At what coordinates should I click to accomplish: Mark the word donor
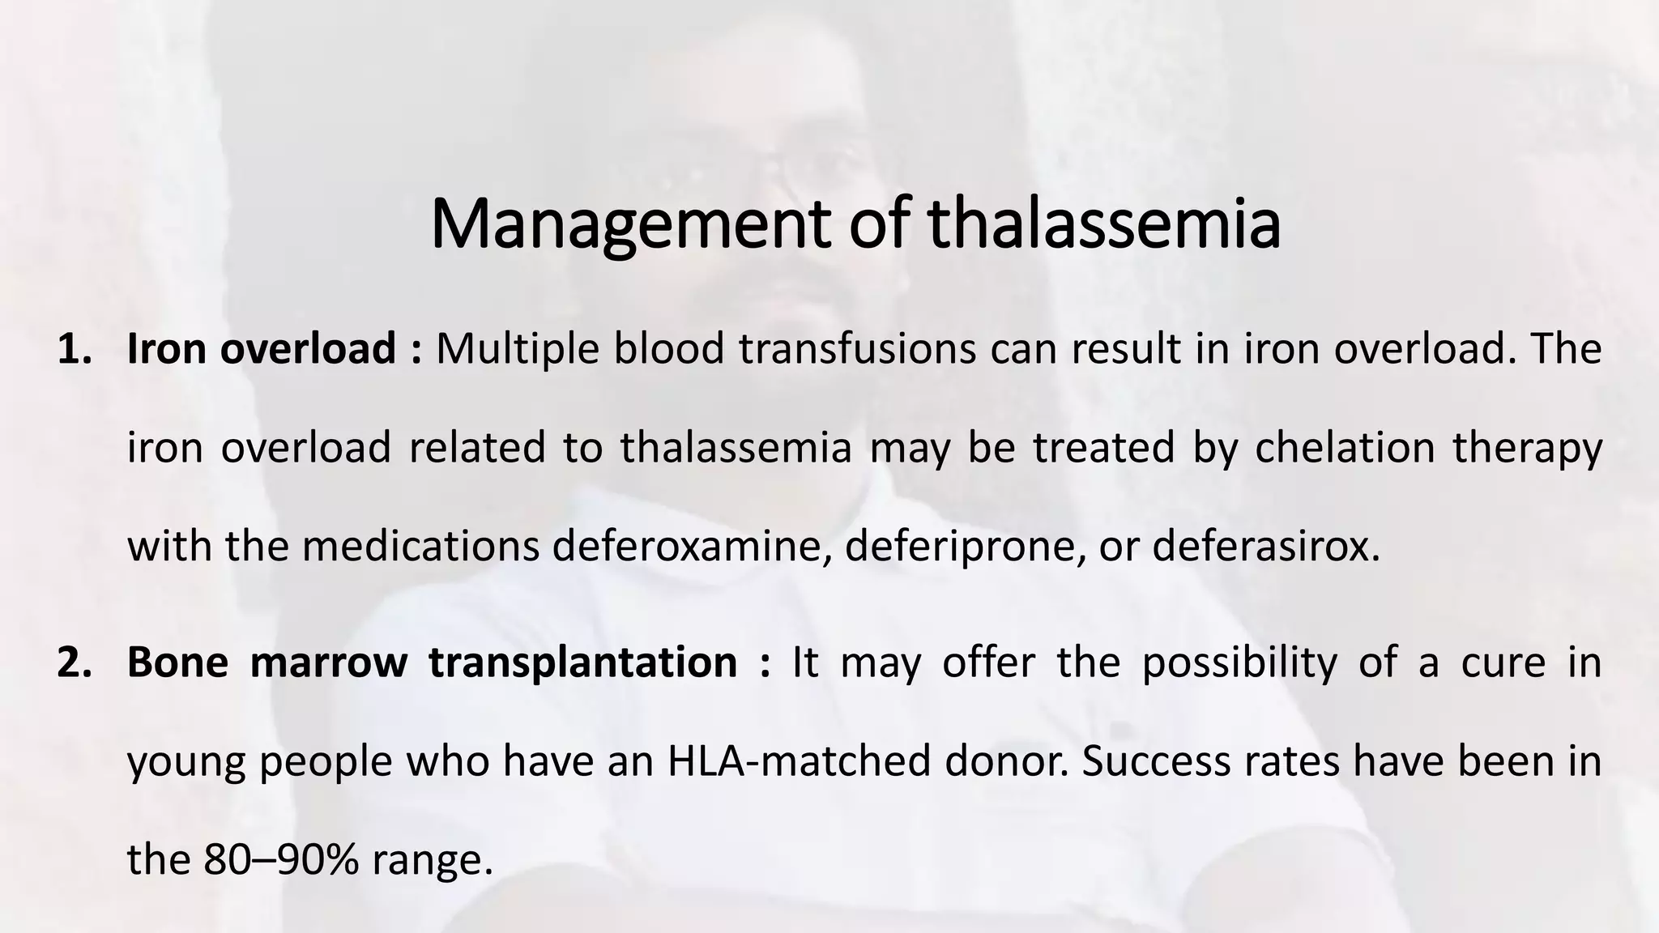tap(1001, 761)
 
